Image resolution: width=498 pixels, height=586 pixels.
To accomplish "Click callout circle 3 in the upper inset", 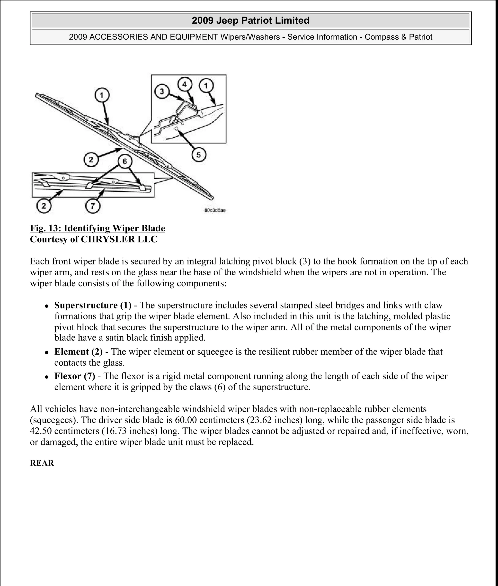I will [x=162, y=91].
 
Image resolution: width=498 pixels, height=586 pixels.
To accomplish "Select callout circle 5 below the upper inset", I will [x=199, y=155].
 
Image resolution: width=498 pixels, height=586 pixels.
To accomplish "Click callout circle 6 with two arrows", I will [x=125, y=161].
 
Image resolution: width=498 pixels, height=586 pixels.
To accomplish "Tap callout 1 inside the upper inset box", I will [x=206, y=86].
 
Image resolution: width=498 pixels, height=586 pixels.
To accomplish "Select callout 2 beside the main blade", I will [x=91, y=160].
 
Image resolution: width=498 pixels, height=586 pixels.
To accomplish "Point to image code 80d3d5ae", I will [x=215, y=210].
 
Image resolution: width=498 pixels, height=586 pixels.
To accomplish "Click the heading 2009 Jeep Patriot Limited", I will [x=250, y=21].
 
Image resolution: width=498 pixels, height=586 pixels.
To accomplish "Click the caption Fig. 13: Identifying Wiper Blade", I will [x=98, y=228].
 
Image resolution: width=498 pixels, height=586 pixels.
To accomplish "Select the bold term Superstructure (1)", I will [x=93, y=305].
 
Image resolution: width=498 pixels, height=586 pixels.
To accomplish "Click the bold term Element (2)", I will [x=79, y=352].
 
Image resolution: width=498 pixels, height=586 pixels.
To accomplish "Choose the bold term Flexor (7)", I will [x=75, y=376].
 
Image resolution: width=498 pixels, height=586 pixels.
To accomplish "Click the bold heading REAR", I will [x=42, y=463].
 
